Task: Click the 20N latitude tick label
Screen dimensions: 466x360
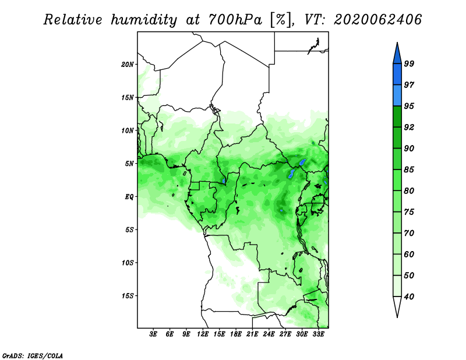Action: click(x=127, y=65)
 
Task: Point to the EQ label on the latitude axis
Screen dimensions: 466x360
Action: click(x=129, y=197)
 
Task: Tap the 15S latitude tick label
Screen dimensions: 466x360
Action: click(x=127, y=296)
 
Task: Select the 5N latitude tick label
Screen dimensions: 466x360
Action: click(x=129, y=164)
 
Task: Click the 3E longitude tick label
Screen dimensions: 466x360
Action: click(x=153, y=334)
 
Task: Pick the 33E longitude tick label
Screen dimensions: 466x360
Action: click(x=318, y=334)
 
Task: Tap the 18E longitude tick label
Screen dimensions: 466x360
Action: click(x=236, y=334)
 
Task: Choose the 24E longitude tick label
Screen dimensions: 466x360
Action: click(x=269, y=334)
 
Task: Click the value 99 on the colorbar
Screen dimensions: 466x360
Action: click(x=409, y=63)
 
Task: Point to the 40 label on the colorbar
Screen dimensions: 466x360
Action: click(x=409, y=297)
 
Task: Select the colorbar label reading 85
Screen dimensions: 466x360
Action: click(x=409, y=170)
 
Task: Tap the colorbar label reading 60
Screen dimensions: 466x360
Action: click(x=409, y=254)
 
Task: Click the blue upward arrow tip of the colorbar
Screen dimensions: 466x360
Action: click(x=397, y=43)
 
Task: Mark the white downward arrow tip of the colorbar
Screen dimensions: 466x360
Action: click(x=397, y=317)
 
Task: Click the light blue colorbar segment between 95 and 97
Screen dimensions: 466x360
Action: click(x=397, y=96)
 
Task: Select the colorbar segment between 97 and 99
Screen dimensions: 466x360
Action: click(x=397, y=75)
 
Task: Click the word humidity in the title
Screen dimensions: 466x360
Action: click(x=144, y=20)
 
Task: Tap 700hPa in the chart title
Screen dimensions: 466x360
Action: click(x=235, y=20)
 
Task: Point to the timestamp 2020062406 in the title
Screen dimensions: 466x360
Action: click(x=377, y=19)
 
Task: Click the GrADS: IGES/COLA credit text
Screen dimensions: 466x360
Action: click(x=33, y=356)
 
